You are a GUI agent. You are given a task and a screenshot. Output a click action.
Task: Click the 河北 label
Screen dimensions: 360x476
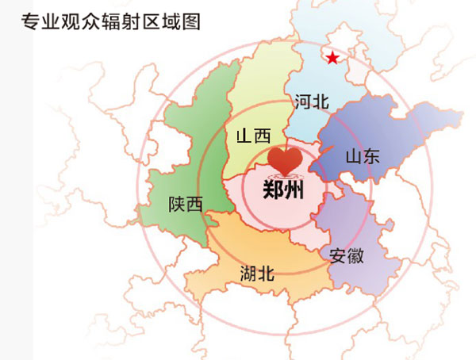click(x=311, y=101)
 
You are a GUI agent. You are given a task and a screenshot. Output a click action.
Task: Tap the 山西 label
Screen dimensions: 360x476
click(x=254, y=136)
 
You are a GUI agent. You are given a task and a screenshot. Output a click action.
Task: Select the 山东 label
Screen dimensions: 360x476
click(x=363, y=155)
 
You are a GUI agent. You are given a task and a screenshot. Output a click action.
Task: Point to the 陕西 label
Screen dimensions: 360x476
click(x=186, y=204)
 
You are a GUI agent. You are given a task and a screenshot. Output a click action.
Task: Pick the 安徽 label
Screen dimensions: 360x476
click(x=347, y=255)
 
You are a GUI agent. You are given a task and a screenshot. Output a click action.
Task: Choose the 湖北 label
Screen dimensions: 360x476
click(x=257, y=274)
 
